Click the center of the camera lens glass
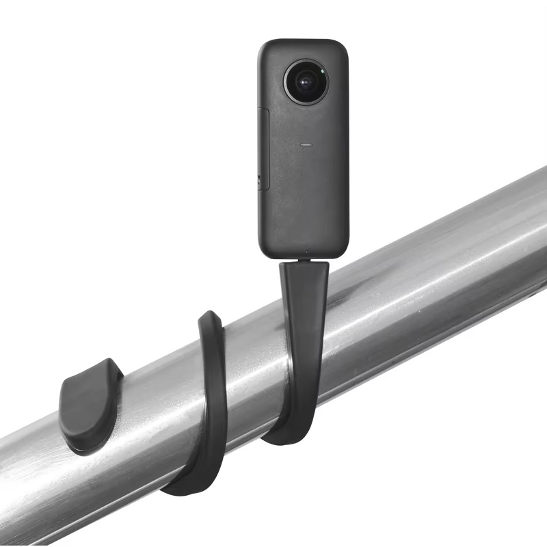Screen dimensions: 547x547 coord(306,81)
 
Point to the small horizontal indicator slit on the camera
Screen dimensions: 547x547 coord(306,144)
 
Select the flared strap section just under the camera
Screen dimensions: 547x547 coord(304,277)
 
